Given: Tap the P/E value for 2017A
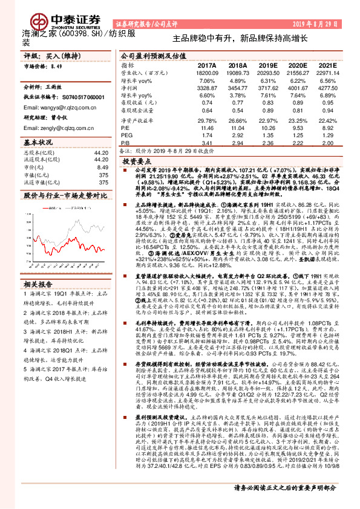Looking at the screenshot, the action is (207, 128).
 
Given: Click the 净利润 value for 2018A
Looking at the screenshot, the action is (238, 88).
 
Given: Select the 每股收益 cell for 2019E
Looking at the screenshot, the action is (267, 103).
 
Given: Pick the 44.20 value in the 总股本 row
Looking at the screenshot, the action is (101, 154).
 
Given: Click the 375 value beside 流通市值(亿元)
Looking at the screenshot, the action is (103, 182).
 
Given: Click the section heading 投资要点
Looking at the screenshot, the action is (136, 162).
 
